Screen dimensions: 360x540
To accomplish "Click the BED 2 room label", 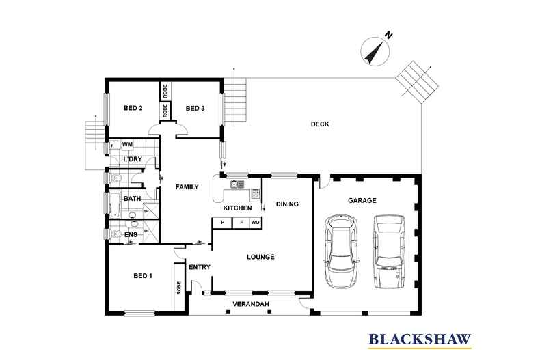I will coord(133,108).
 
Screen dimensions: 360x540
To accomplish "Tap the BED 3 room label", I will coord(195,108).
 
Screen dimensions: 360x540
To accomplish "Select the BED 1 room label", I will coord(141,276).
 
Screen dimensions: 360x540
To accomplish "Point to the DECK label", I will coord(320,124).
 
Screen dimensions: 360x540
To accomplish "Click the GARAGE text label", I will coord(363,200).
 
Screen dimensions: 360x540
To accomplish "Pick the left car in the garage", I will coord(341,251).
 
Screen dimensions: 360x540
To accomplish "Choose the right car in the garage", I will coord(388,251).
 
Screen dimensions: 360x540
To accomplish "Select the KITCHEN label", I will coord(238,208).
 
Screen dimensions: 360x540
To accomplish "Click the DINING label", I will coord(288,204).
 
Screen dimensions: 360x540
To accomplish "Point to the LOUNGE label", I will coord(260,257).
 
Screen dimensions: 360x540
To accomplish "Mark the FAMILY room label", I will coord(187,186).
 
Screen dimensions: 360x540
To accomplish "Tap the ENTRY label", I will coord(199,267).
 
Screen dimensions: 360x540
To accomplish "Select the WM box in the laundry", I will coord(127,145).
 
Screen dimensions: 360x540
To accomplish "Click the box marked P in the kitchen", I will coord(222,223).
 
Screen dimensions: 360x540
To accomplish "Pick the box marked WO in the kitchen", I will coord(255,223).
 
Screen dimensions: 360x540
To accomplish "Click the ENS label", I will coord(131,236).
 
